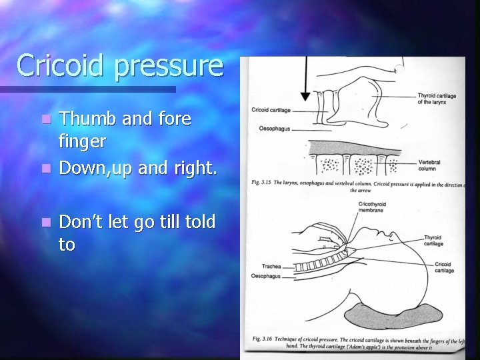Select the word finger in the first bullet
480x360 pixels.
click(83, 142)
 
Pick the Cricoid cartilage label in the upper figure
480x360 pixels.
click(271, 109)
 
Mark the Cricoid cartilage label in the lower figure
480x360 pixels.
click(443, 267)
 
